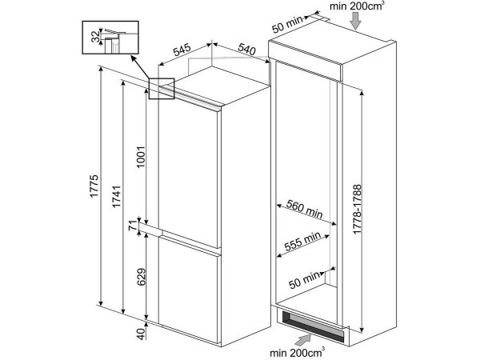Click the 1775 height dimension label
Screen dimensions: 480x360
(x=94, y=186)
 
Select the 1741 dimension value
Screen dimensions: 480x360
(x=116, y=197)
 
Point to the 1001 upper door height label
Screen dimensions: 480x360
(x=141, y=157)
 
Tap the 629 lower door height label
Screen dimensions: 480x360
(x=141, y=277)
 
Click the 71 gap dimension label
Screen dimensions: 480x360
(x=132, y=226)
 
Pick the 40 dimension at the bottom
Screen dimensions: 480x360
(x=141, y=334)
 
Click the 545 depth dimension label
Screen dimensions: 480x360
(x=182, y=50)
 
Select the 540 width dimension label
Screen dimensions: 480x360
(x=246, y=50)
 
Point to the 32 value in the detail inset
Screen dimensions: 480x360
(x=97, y=37)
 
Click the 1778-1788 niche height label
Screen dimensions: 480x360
(x=357, y=210)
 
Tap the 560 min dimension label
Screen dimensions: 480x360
(x=304, y=209)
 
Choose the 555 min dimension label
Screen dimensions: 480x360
(x=302, y=242)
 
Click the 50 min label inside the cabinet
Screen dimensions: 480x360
(x=304, y=280)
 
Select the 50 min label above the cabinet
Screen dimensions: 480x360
(x=287, y=24)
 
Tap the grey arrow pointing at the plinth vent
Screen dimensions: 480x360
(x=304, y=340)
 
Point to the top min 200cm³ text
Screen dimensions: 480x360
(x=356, y=6)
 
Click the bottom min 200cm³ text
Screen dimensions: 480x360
(x=298, y=353)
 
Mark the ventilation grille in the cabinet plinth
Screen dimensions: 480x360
(x=313, y=326)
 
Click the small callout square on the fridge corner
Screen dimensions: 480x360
(x=162, y=89)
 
